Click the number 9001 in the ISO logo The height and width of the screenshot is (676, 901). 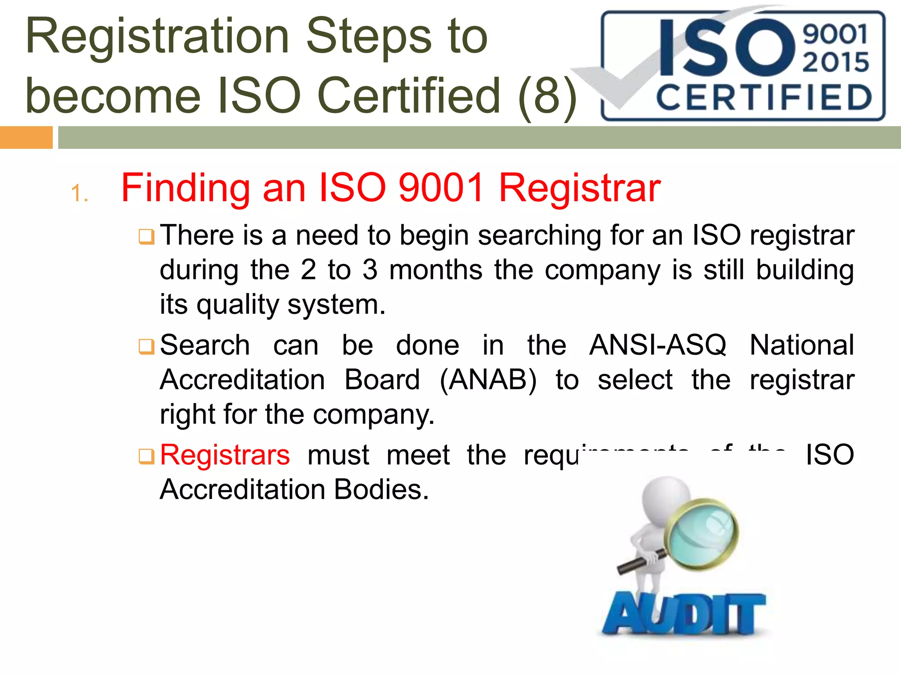coord(835,34)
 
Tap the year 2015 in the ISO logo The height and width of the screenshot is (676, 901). coord(835,62)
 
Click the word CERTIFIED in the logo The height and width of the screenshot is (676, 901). coord(764,98)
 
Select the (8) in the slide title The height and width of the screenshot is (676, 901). coord(547,95)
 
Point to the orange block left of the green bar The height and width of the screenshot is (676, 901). coord(26,137)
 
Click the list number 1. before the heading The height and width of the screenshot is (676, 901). coord(80,194)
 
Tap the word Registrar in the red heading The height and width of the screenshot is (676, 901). coord(579,188)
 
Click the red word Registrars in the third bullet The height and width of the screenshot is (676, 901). coord(225,455)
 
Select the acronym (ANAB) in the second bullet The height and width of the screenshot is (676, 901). coord(488,379)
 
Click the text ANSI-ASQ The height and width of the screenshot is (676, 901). coord(658,345)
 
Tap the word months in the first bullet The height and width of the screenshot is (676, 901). coord(436,270)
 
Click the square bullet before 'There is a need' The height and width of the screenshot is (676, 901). coord(146,237)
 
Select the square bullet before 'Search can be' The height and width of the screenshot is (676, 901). coord(146,346)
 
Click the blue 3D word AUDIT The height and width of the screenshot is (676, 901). coord(684,613)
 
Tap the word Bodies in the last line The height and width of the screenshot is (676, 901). coord(381,489)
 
